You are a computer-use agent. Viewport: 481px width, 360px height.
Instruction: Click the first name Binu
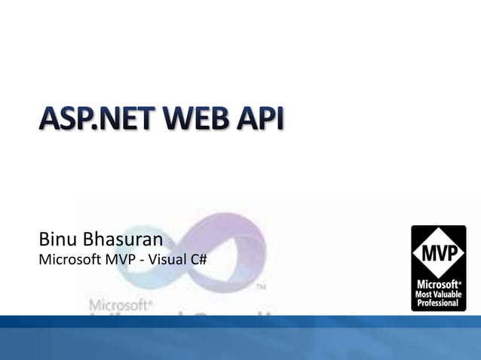58,241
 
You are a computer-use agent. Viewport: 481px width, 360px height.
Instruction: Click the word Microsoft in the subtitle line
68,261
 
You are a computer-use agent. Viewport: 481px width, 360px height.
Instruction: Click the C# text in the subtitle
199,261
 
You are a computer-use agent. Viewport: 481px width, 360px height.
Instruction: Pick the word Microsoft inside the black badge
437,284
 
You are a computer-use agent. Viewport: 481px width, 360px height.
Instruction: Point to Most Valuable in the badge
438,294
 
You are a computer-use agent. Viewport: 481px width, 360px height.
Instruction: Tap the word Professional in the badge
438,303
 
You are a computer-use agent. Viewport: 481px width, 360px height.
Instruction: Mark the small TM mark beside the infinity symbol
262,287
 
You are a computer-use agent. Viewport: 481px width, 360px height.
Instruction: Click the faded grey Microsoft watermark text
119,306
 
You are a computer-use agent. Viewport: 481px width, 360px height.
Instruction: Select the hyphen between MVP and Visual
140,261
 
